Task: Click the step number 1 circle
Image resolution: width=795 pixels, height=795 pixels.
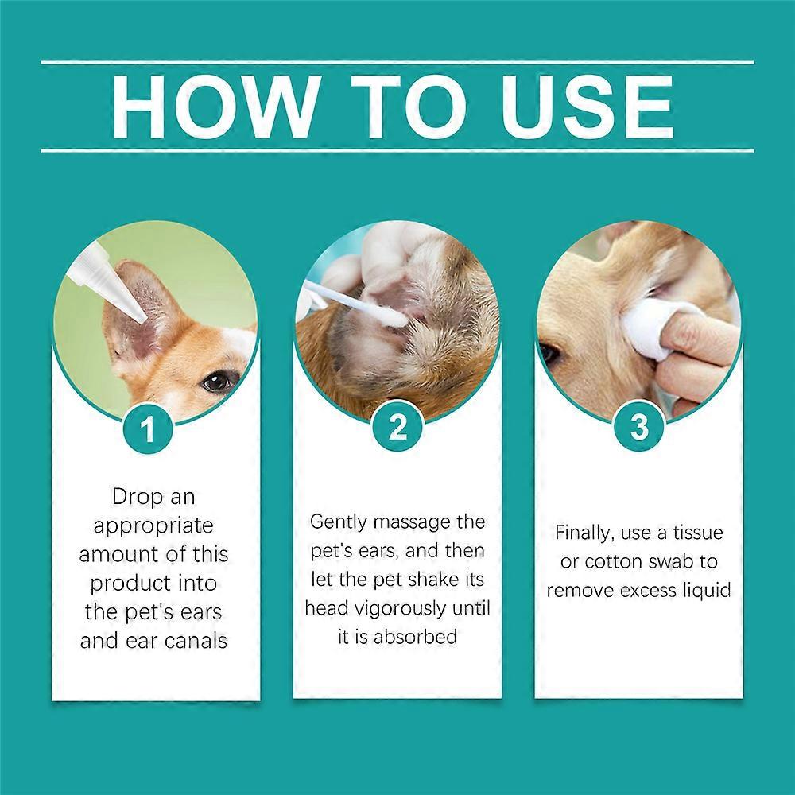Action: [x=148, y=429]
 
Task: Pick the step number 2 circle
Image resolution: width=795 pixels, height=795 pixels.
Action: [x=397, y=429]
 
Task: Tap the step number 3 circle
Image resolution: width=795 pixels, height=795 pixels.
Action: [x=638, y=429]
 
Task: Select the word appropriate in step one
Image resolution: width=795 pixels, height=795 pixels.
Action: [x=153, y=525]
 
